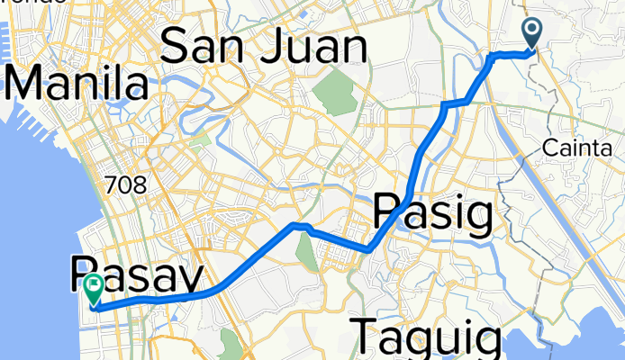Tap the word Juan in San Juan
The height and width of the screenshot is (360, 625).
click(x=309, y=47)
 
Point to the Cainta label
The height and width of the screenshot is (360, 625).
click(x=584, y=148)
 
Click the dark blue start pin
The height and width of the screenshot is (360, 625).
click(x=532, y=34)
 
